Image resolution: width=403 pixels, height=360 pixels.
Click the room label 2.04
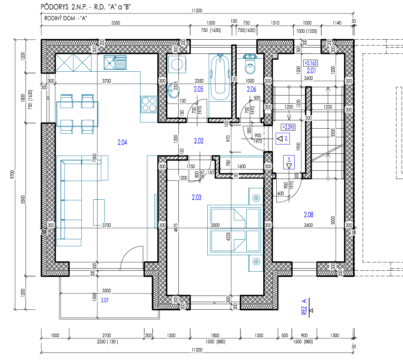[122, 142]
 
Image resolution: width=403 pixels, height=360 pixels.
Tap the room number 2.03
[197, 198]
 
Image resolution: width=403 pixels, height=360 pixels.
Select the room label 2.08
[308, 215]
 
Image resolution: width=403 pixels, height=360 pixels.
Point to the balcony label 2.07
[105, 300]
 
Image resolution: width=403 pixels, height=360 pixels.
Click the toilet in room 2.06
[250, 65]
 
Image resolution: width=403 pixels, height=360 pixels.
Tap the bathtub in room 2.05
[220, 77]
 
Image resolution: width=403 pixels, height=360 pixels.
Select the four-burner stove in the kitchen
[149, 104]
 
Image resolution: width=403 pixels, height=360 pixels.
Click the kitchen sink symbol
[115, 62]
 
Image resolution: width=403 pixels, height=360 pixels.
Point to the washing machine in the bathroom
[177, 64]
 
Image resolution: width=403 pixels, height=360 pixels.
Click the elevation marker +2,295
[288, 127]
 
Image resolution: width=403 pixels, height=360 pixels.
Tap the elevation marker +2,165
[311, 63]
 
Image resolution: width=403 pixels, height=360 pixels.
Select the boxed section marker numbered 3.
[289, 162]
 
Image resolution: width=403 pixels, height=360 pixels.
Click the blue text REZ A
[304, 307]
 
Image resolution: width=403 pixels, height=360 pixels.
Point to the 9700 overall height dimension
[12, 174]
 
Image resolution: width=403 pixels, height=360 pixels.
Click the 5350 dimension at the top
[116, 23]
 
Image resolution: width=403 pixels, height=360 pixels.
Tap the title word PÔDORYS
[55, 7]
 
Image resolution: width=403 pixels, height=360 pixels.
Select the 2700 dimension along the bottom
[106, 336]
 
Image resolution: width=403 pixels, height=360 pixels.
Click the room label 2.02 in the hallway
[199, 141]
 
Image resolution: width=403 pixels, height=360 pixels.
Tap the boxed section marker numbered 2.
[283, 138]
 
